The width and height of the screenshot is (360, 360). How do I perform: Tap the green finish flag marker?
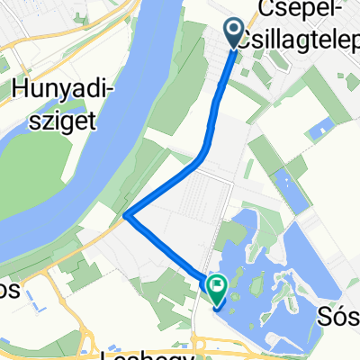217,287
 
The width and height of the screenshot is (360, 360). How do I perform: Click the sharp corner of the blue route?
127,215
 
